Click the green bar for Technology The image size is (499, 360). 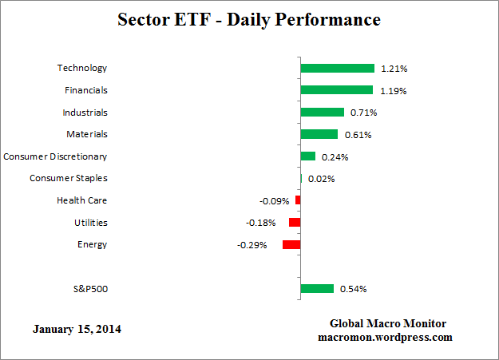337,69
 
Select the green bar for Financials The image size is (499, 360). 336,90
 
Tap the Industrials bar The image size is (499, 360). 322,113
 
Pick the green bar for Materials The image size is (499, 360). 319,134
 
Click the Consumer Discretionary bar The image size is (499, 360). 307,156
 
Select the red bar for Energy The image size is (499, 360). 291,244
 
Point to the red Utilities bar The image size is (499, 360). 295,223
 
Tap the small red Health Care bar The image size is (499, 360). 298,200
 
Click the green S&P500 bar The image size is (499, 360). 317,288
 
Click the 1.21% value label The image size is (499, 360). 392,69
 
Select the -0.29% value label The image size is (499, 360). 251,244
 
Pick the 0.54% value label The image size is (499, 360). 354,289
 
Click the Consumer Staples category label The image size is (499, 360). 68,178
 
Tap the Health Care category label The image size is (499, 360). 82,200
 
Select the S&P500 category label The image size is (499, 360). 87,288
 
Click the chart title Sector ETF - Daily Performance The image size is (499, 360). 249,18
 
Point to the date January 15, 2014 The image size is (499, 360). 77,329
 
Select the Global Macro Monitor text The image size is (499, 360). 388,323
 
